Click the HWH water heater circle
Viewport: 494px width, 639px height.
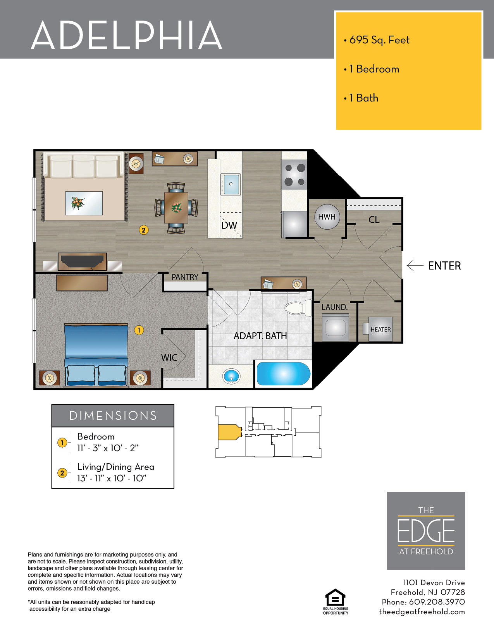(327, 217)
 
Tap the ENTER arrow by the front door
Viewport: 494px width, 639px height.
(415, 265)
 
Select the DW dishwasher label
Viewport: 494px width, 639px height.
(229, 225)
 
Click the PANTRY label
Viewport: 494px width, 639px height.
(185, 277)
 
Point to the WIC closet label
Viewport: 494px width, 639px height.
(169, 357)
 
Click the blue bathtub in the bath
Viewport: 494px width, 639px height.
(284, 374)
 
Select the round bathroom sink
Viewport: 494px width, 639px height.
(231, 376)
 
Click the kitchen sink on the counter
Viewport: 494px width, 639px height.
(231, 184)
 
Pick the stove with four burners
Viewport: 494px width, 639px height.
(294, 175)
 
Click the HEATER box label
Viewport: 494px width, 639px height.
(380, 330)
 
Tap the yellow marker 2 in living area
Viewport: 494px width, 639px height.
(143, 230)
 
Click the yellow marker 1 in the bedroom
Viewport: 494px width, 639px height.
(139, 330)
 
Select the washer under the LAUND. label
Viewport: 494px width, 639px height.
(336, 328)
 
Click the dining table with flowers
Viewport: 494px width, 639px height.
(176, 208)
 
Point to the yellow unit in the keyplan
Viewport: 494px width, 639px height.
(229, 432)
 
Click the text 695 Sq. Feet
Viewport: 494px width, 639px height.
(379, 40)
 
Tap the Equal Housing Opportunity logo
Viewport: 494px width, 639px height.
(336, 601)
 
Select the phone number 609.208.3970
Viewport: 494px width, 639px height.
(437, 602)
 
